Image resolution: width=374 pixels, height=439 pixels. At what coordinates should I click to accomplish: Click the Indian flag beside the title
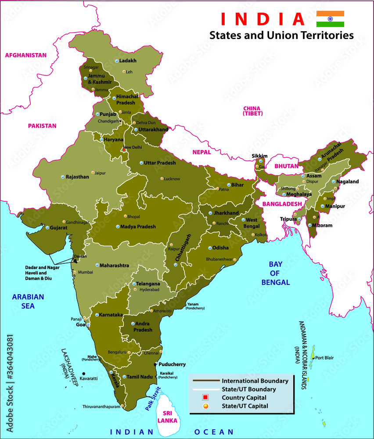[330, 19]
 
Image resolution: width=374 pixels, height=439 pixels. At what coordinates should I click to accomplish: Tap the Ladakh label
[128, 61]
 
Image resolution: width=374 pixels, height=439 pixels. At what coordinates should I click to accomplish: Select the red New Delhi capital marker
[124, 150]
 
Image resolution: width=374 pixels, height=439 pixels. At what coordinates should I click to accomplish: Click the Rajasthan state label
[77, 177]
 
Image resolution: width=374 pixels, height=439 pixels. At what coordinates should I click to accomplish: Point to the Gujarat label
[58, 228]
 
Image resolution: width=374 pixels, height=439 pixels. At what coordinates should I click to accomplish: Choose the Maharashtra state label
[114, 266]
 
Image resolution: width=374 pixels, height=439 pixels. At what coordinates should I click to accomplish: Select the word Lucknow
[172, 179]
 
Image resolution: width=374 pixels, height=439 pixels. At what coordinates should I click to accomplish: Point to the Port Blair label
[324, 358]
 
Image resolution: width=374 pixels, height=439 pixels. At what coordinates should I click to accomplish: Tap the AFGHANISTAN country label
[25, 55]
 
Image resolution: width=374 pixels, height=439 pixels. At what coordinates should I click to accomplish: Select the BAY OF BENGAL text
[276, 273]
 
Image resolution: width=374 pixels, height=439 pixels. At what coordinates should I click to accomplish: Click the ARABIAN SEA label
[28, 301]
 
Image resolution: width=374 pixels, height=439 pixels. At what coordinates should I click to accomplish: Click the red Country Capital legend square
[205, 398]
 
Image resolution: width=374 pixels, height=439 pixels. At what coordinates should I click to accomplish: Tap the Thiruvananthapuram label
[101, 407]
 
